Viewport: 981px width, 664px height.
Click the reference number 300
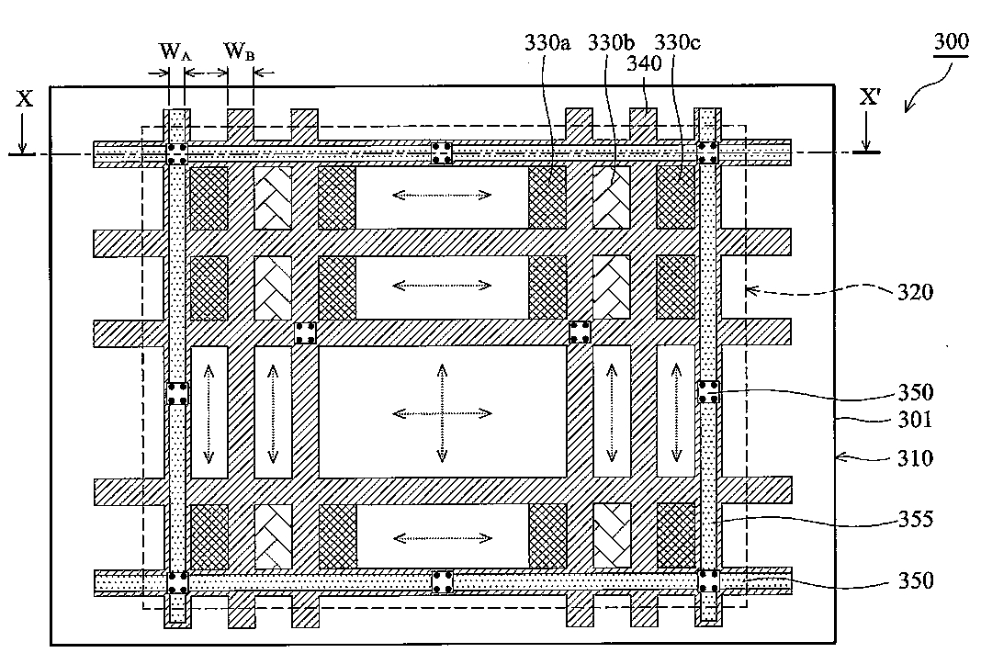point(951,42)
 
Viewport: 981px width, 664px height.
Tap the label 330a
point(547,42)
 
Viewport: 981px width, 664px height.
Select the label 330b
point(611,42)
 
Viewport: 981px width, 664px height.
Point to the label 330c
point(678,42)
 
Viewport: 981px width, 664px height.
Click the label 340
point(645,63)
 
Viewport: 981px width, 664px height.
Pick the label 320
point(915,292)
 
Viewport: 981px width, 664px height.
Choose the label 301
point(915,419)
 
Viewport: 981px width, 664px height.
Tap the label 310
point(915,458)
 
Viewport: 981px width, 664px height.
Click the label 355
point(916,519)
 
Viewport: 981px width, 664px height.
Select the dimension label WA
point(175,51)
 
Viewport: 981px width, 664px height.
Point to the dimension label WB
point(239,51)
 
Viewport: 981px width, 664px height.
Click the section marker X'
point(870,97)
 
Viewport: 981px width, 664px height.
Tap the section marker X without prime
point(25,98)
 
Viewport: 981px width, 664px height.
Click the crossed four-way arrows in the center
point(443,413)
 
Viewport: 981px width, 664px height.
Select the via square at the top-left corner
point(177,154)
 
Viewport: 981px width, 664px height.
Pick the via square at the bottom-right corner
point(708,580)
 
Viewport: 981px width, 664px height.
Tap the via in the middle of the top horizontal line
point(443,152)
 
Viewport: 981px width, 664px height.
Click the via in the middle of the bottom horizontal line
point(443,582)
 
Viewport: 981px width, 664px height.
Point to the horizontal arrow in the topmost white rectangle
point(443,195)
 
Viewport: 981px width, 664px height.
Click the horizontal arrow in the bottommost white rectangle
point(443,537)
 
